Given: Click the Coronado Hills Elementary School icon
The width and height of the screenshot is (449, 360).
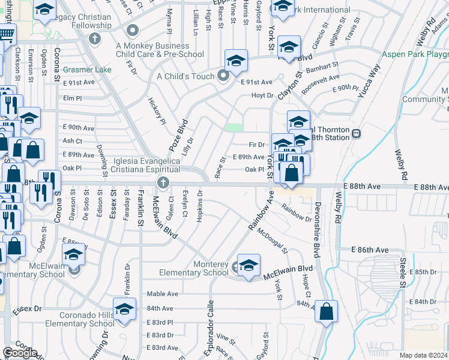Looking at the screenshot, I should (124, 310).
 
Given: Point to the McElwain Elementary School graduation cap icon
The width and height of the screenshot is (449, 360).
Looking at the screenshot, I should (73, 256).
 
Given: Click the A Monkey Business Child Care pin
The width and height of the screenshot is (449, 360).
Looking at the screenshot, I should (133, 30).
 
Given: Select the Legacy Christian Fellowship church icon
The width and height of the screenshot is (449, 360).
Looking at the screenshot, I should (94, 39).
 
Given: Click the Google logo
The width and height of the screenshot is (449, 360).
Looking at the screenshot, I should (20, 353).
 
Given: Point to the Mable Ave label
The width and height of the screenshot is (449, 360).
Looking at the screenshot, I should (163, 294).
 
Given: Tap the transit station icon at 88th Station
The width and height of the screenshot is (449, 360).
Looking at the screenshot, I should (356, 133).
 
